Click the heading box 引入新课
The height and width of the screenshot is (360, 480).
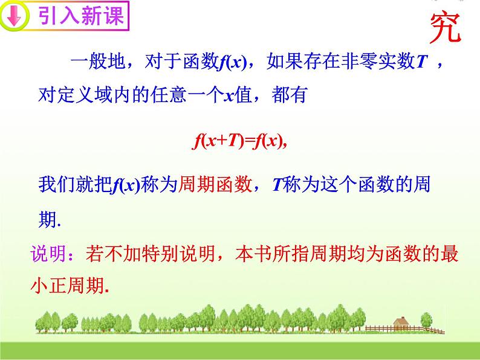pyautogui.click(x=81, y=16)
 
